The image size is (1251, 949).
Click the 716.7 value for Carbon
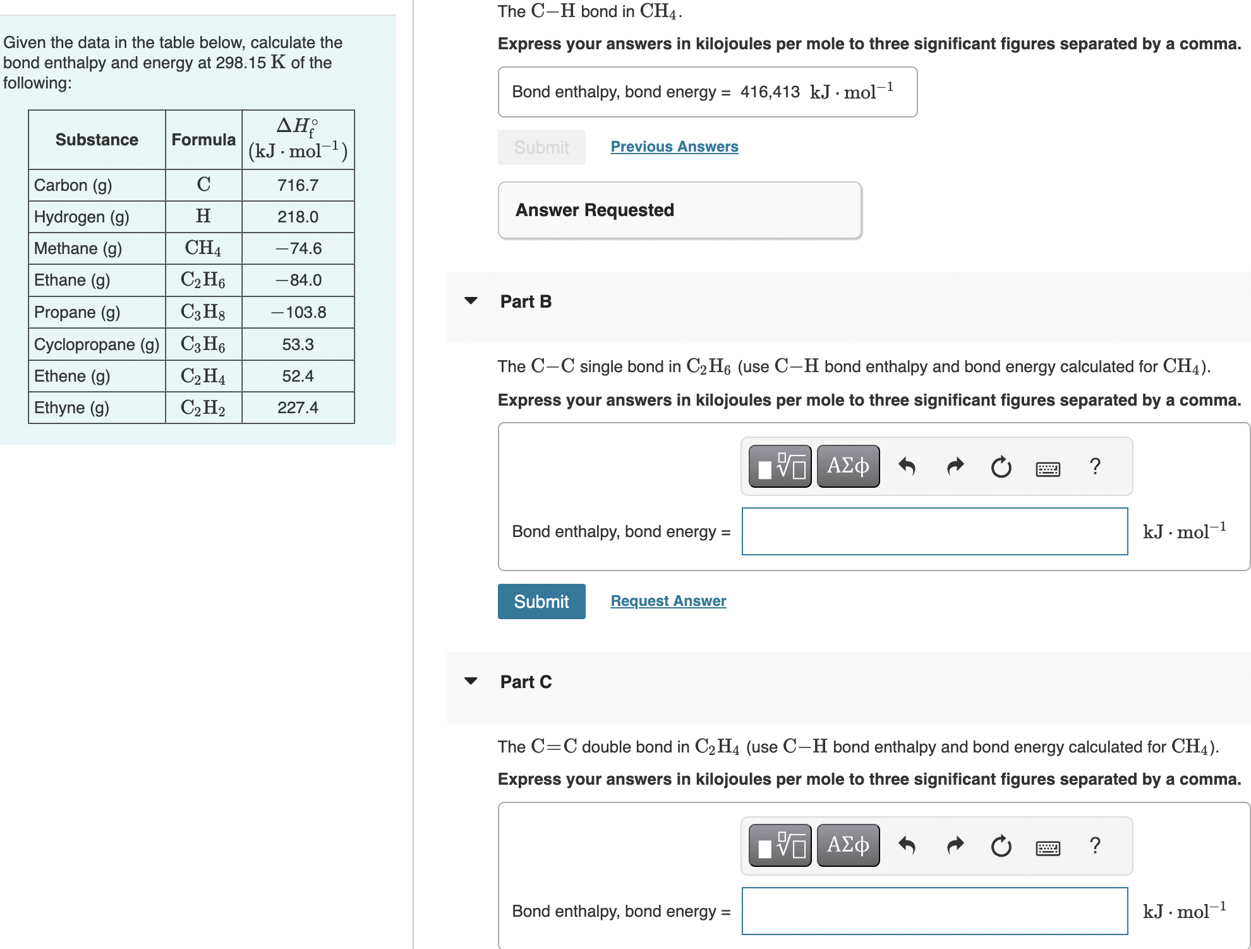pyautogui.click(x=298, y=185)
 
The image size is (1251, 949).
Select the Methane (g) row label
pyautogui.click(x=78, y=248)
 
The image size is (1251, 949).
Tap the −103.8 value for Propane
pyautogui.click(x=298, y=312)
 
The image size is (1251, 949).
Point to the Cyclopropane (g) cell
pyautogui.click(x=96, y=344)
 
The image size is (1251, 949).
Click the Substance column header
pyautogui.click(x=97, y=140)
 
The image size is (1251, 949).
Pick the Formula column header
pyautogui.click(x=203, y=140)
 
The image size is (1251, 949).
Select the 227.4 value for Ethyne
pyautogui.click(x=298, y=408)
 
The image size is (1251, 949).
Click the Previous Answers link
pyautogui.click(x=674, y=147)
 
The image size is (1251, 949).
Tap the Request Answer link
pyautogui.click(x=668, y=601)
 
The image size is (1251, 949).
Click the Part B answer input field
pyautogui.click(x=934, y=531)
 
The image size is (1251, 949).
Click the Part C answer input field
pyautogui.click(x=934, y=911)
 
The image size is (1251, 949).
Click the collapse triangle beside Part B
pyautogui.click(x=471, y=301)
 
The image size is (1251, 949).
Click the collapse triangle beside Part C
pyautogui.click(x=471, y=681)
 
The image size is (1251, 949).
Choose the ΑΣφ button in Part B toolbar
pyautogui.click(x=848, y=466)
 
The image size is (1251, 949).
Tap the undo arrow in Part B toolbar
pyautogui.click(x=907, y=466)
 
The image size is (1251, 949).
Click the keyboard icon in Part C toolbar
pyautogui.click(x=1048, y=847)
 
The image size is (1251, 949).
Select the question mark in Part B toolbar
pyautogui.click(x=1095, y=466)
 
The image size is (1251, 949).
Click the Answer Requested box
pyautogui.click(x=679, y=210)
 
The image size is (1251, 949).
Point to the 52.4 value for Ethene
pyautogui.click(x=298, y=376)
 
